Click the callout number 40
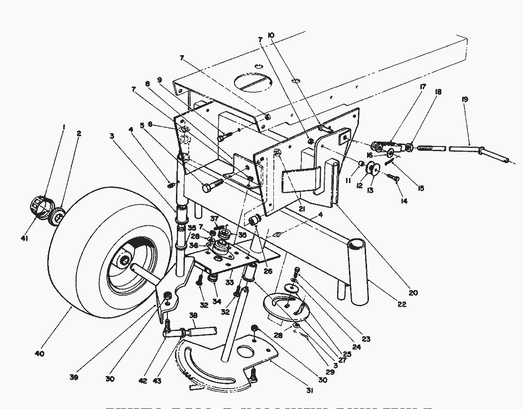point(40,354)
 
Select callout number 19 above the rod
point(465,99)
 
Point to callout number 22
point(402,304)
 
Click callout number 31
point(310,391)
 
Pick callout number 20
point(413,293)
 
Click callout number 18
point(438,92)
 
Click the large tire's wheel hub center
point(125,259)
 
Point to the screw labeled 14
point(395,178)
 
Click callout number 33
point(230,282)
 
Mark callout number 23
point(366,340)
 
